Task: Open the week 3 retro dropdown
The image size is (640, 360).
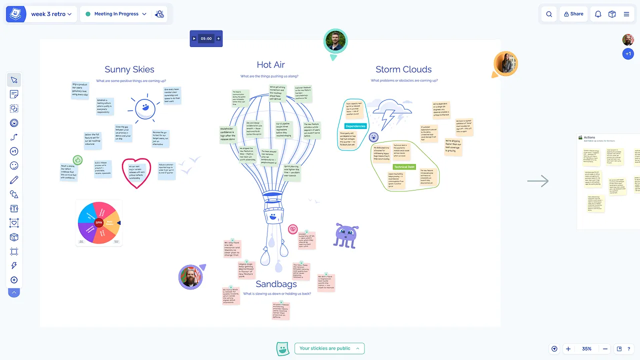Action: point(51,14)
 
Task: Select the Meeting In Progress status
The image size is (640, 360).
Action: point(116,14)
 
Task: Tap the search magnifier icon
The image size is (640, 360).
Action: point(549,14)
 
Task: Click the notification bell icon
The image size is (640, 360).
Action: point(598,14)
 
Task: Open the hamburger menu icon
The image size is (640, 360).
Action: point(626,14)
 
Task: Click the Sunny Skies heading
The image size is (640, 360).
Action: point(129,69)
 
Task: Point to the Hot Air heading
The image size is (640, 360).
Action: point(270,64)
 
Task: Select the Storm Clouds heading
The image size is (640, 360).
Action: point(403,69)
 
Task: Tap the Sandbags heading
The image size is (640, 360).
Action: point(276,284)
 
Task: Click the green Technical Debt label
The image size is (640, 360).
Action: point(404,167)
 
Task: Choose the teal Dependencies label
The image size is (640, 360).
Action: point(356,126)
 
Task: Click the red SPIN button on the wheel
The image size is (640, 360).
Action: point(99,222)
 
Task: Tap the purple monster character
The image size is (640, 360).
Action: point(346,235)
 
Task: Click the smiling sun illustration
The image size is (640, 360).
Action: point(145,108)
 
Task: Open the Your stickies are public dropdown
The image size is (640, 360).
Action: point(329,348)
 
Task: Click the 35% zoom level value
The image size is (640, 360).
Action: point(586,349)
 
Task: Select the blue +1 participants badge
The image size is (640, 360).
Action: point(628,54)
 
